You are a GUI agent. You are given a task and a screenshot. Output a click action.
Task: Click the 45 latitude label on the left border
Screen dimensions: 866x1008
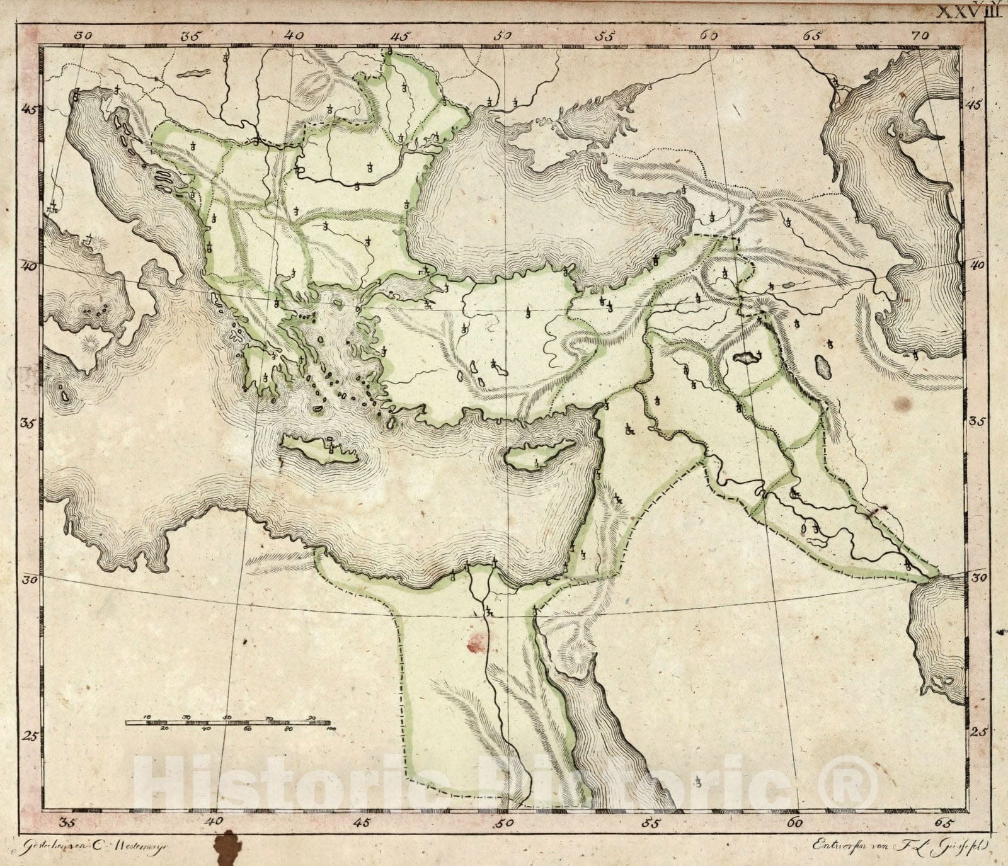point(28,109)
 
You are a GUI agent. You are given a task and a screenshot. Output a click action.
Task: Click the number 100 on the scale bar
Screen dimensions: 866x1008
point(331,728)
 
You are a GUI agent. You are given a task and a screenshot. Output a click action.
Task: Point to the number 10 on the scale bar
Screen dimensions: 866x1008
point(146,717)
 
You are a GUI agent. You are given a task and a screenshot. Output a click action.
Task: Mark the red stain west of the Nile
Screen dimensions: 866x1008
point(474,642)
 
